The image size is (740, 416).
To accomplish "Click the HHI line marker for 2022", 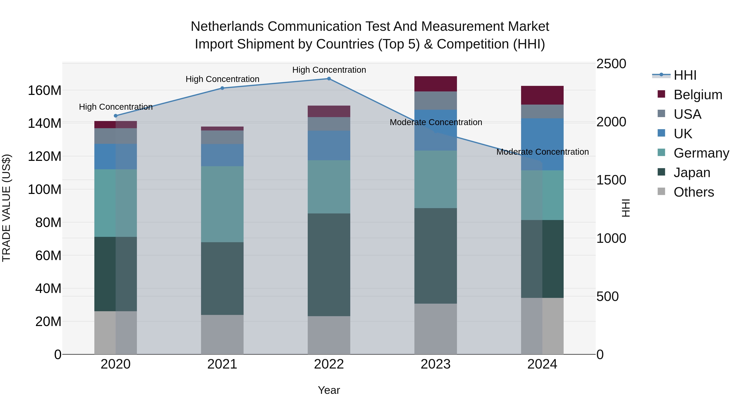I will tap(329, 79).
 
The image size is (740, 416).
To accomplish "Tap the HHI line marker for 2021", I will tap(222, 88).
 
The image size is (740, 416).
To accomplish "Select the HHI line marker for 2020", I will tap(116, 116).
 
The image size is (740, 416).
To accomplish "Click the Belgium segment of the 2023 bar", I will tap(436, 84).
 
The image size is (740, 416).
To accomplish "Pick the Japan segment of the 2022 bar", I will tap(329, 265).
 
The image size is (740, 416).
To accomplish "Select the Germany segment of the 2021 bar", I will tap(222, 204).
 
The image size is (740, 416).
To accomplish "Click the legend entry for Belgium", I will tap(698, 95).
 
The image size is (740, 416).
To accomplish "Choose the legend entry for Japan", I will tap(692, 173).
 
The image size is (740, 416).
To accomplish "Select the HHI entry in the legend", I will tap(685, 75).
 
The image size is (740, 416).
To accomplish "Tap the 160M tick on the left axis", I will tap(45, 90).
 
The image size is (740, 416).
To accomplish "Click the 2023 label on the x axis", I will tap(436, 364).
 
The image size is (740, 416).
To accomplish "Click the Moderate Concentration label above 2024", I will tap(542, 152).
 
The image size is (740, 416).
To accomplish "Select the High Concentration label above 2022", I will tap(329, 70).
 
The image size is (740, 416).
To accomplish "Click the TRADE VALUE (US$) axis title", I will tap(6, 208).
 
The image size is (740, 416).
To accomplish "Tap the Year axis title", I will tap(329, 390).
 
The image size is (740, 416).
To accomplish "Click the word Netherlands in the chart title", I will tap(227, 27).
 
